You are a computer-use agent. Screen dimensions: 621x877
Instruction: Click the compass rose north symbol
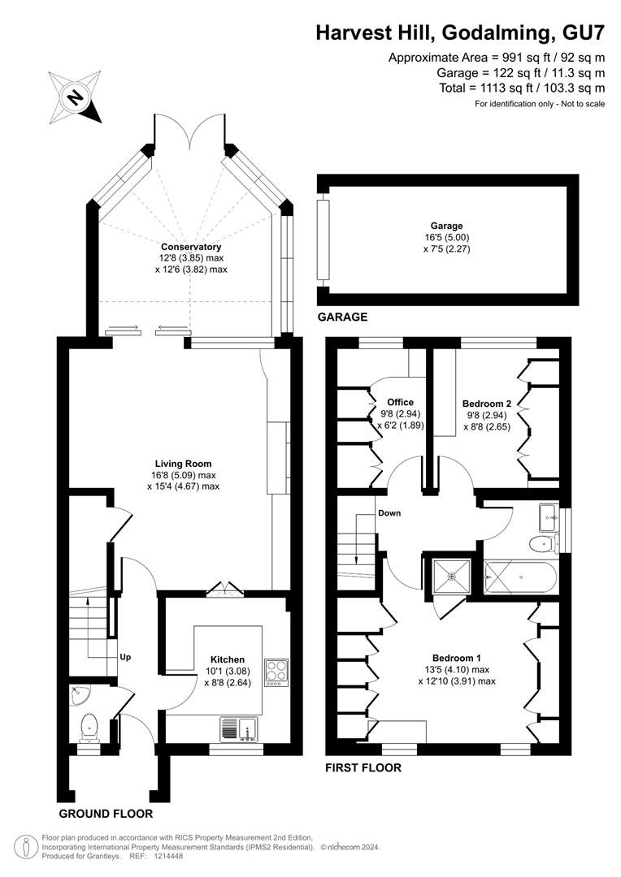pyautogui.click(x=75, y=98)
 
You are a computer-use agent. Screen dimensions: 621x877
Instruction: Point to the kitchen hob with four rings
pyautogui.click(x=276, y=673)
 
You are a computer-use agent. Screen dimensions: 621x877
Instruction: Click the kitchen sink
pyautogui.click(x=239, y=729)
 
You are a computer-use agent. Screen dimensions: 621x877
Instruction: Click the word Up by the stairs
pyautogui.click(x=125, y=657)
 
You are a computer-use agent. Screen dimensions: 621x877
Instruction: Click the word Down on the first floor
pyautogui.click(x=389, y=513)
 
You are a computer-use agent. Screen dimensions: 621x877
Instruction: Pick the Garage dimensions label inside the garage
pyautogui.click(x=446, y=237)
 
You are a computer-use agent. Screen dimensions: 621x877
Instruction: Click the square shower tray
pyautogui.click(x=451, y=576)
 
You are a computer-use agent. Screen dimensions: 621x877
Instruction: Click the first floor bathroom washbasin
pyautogui.click(x=549, y=518)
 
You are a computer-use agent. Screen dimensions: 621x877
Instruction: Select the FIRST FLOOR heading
pyautogui.click(x=363, y=767)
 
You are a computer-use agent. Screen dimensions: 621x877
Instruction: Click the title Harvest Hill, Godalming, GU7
pyautogui.click(x=460, y=33)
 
